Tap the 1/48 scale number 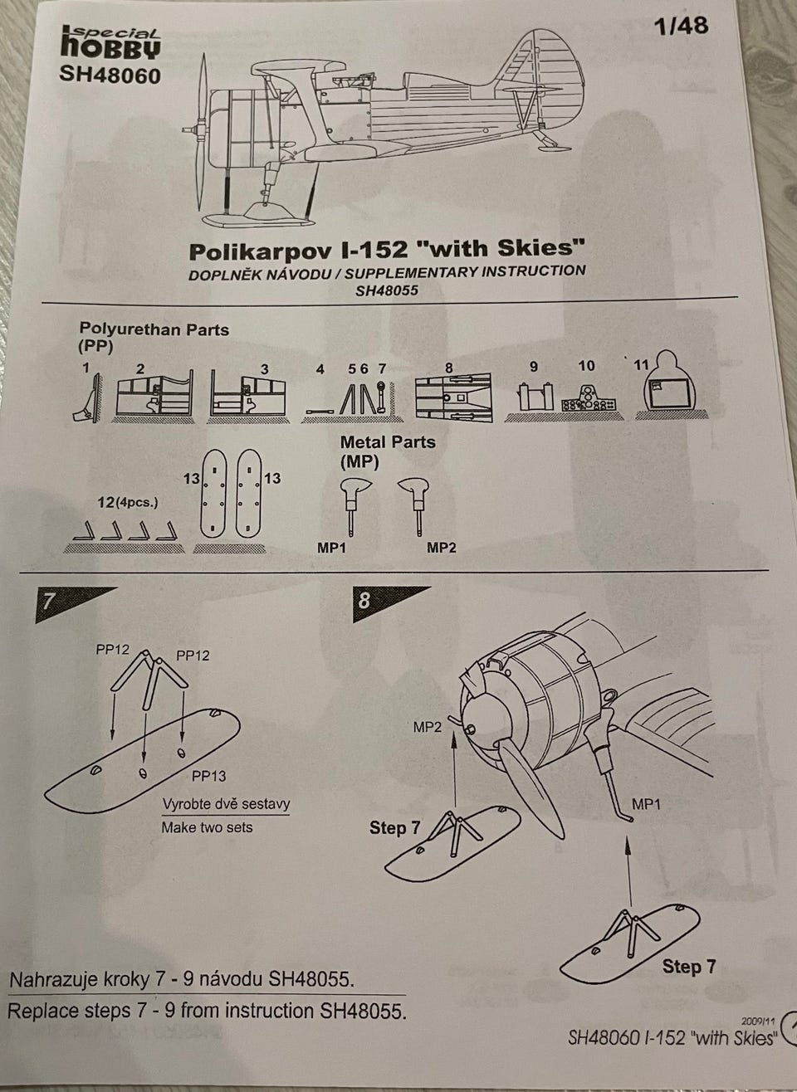click(x=681, y=26)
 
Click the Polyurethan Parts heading click(x=154, y=336)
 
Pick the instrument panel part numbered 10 click(x=589, y=400)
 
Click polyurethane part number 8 click(x=453, y=397)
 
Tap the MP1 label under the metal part click(x=332, y=548)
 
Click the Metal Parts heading click(x=388, y=451)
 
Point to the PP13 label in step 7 click(x=208, y=776)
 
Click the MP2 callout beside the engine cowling click(x=428, y=727)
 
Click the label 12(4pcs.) click(x=129, y=503)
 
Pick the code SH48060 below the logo click(x=110, y=76)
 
